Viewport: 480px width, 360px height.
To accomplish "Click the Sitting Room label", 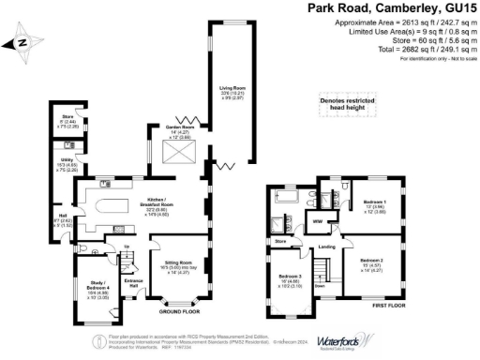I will coord(178,264).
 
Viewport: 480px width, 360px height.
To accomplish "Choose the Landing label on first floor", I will coord(327,247).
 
